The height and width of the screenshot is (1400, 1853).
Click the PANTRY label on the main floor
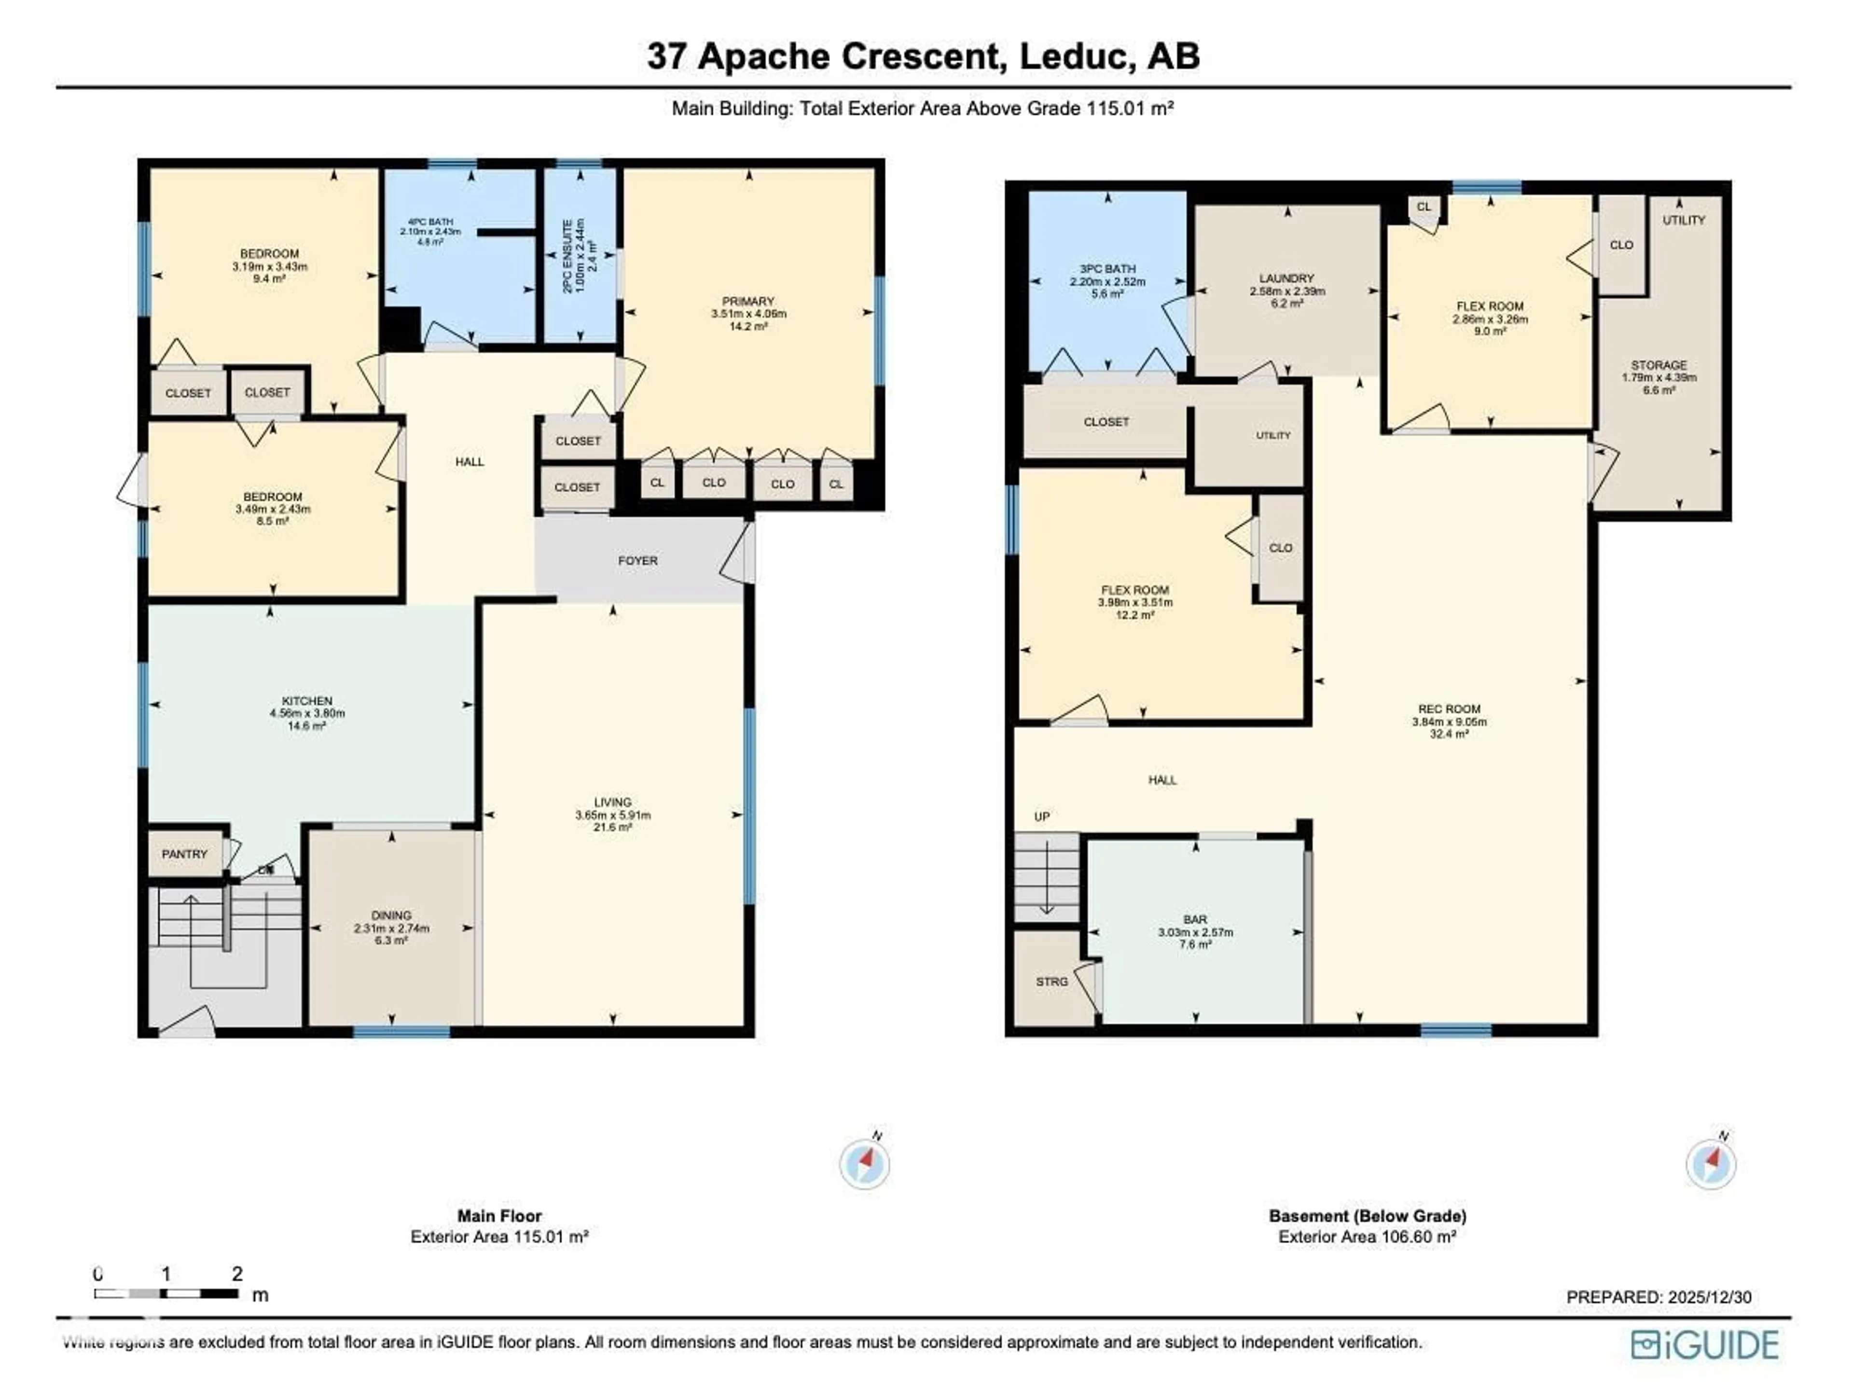(184, 854)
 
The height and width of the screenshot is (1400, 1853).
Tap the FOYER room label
(637, 560)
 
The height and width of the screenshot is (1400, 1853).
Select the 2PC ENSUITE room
(580, 256)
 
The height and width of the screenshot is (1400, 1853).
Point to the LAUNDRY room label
(1286, 278)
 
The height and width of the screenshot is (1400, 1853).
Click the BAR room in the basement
(1195, 919)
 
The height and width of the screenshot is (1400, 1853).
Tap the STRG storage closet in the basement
(1051, 981)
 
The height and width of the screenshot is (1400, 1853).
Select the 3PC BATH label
(1107, 269)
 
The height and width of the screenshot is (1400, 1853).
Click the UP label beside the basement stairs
(1041, 816)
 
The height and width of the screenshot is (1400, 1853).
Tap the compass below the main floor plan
(865, 1163)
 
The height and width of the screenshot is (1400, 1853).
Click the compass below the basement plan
(1711, 1163)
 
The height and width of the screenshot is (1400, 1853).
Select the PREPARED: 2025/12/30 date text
(1659, 1297)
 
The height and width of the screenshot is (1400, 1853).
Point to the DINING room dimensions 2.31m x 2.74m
(391, 929)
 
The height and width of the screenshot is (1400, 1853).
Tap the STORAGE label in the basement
(1659, 365)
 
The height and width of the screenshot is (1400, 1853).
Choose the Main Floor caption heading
(499, 1216)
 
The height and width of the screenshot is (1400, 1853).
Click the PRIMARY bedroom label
(748, 301)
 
